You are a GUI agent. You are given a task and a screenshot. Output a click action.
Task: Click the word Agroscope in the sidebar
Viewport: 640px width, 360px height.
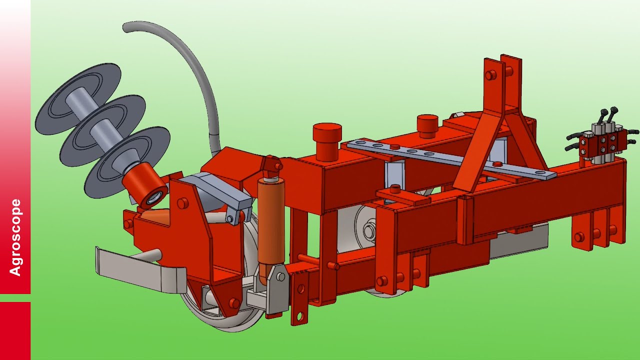click(x=15, y=237)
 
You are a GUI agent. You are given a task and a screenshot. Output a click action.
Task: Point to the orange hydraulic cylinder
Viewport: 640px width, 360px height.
click(x=271, y=223)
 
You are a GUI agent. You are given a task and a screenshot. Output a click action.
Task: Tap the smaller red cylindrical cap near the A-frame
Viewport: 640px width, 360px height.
click(x=427, y=126)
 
